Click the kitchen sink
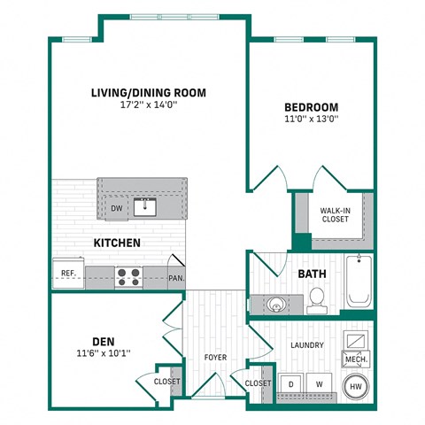click(x=145, y=208)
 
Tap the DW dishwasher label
click(x=116, y=209)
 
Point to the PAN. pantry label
click(x=175, y=277)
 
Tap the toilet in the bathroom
click(x=315, y=301)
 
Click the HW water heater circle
click(x=355, y=386)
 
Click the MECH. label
click(x=355, y=360)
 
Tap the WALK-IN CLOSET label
click(x=334, y=215)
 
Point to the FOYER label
click(x=215, y=358)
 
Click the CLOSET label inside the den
click(x=166, y=382)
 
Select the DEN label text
click(x=103, y=340)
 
